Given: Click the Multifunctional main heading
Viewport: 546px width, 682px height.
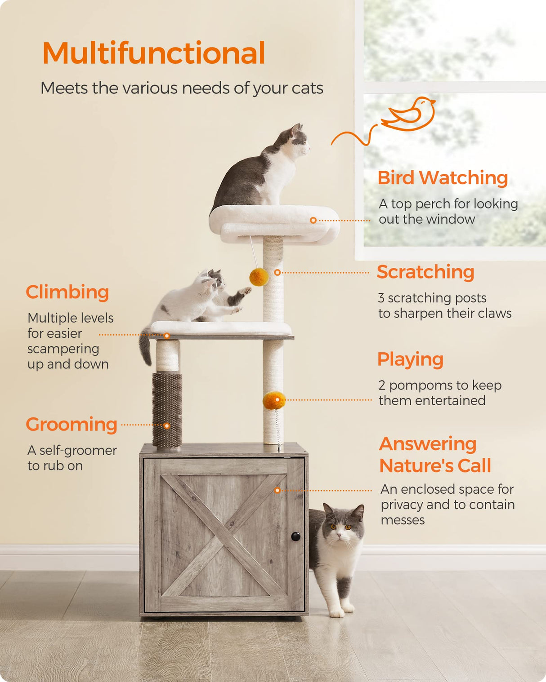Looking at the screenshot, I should pyautogui.click(x=153, y=53).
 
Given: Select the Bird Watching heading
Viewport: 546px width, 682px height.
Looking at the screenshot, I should pyautogui.click(x=443, y=178).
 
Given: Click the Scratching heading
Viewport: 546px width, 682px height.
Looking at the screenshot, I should pyautogui.click(x=425, y=272).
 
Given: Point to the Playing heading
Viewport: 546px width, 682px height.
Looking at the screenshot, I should pyautogui.click(x=410, y=359).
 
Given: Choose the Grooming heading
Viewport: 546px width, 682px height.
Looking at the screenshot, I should pyautogui.click(x=72, y=425).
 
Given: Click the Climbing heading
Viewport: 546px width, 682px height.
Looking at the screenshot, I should pyautogui.click(x=67, y=292).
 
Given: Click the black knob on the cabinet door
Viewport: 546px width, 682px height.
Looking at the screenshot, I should pyautogui.click(x=295, y=536).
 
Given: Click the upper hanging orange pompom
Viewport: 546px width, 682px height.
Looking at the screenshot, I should pyautogui.click(x=259, y=277).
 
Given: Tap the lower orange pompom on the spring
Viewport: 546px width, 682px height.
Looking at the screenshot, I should pyautogui.click(x=273, y=400).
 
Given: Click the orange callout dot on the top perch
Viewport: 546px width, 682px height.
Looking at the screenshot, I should pyautogui.click(x=313, y=220).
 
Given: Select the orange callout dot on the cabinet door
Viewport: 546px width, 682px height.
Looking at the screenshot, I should pyautogui.click(x=277, y=490).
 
